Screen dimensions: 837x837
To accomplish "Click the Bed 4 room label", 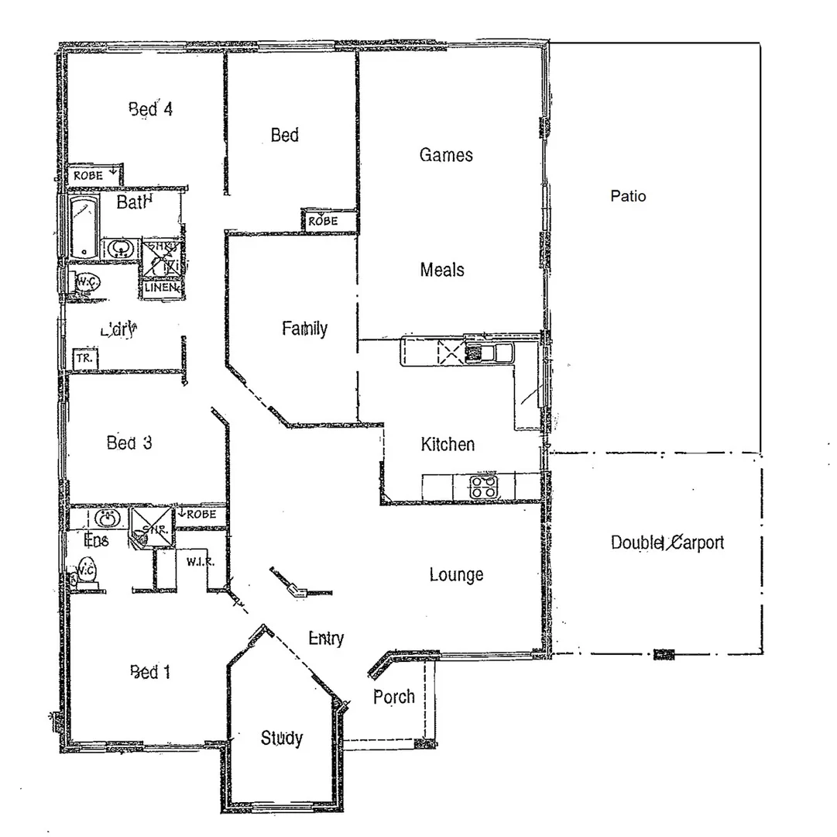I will pyautogui.click(x=150, y=109).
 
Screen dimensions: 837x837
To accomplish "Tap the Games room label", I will pyautogui.click(x=446, y=155).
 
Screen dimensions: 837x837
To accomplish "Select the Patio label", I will pyautogui.click(x=628, y=196).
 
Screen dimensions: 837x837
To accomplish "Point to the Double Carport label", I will pyautogui.click(x=667, y=542).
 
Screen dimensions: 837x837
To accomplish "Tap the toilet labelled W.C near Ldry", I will pyautogui.click(x=86, y=284).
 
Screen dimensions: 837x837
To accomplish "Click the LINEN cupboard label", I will pyautogui.click(x=161, y=288).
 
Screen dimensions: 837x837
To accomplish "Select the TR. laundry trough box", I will pyautogui.click(x=84, y=360).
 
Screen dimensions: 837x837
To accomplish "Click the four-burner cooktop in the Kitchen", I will pyautogui.click(x=485, y=487).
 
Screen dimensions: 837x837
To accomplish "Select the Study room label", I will pyautogui.click(x=281, y=739).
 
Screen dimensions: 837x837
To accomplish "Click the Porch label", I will pyautogui.click(x=394, y=697).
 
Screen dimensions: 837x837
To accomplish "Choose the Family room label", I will pyautogui.click(x=304, y=329).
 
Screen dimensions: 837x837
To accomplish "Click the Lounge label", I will pyautogui.click(x=457, y=575).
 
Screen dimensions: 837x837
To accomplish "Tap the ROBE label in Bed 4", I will pyautogui.click(x=89, y=176).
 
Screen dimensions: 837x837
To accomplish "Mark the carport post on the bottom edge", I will pyautogui.click(x=664, y=654).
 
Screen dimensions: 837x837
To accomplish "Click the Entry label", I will pyautogui.click(x=326, y=639).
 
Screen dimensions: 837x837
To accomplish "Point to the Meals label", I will pyautogui.click(x=442, y=270).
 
